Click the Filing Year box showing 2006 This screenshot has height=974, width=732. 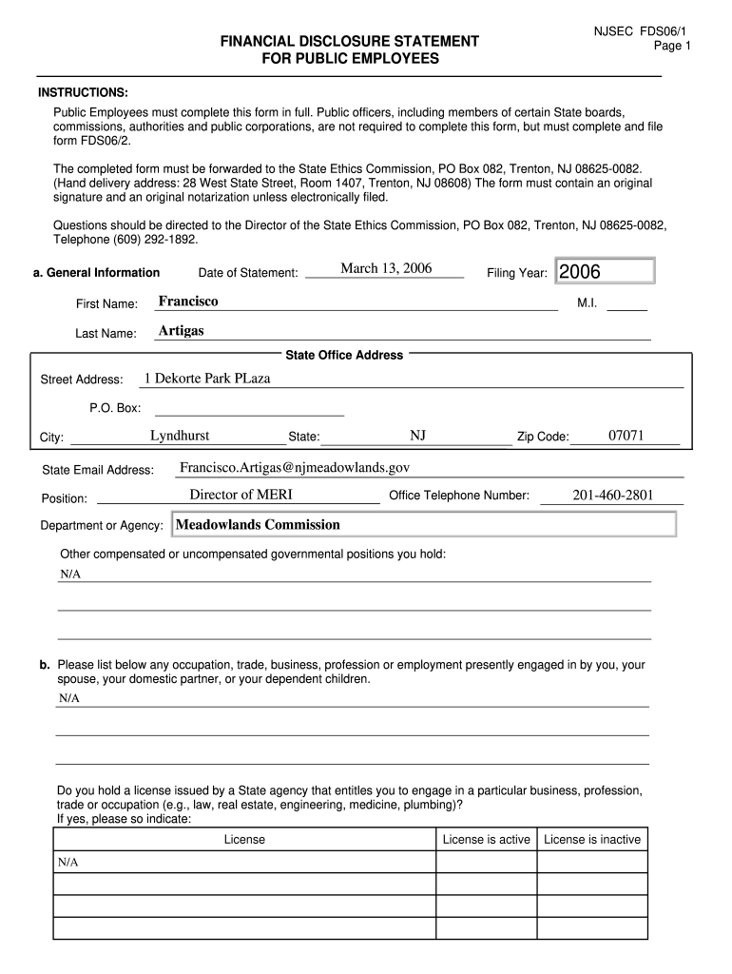click(605, 272)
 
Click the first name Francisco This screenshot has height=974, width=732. click(188, 302)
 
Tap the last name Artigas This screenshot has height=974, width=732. click(181, 331)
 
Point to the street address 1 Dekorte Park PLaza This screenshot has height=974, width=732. click(207, 379)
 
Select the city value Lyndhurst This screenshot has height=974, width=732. click(180, 437)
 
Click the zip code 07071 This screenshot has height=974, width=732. click(626, 436)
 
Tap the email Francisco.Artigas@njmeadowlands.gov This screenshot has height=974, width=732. click(295, 467)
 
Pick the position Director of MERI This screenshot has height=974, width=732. click(241, 495)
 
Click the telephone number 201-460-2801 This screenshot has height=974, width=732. click(613, 495)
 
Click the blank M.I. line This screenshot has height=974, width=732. click(626, 303)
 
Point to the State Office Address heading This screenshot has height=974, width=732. click(344, 356)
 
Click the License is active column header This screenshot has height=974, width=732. click(487, 840)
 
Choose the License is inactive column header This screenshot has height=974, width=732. click(592, 840)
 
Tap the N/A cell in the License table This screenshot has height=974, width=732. click(67, 862)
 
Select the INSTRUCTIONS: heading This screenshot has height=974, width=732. click(83, 92)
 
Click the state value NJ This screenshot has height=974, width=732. click(417, 436)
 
